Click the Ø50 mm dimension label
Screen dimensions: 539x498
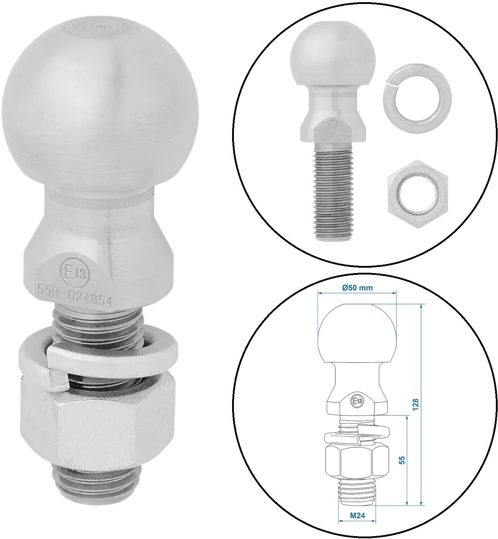357,287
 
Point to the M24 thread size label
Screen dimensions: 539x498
357,515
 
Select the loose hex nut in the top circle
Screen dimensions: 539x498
416,194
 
